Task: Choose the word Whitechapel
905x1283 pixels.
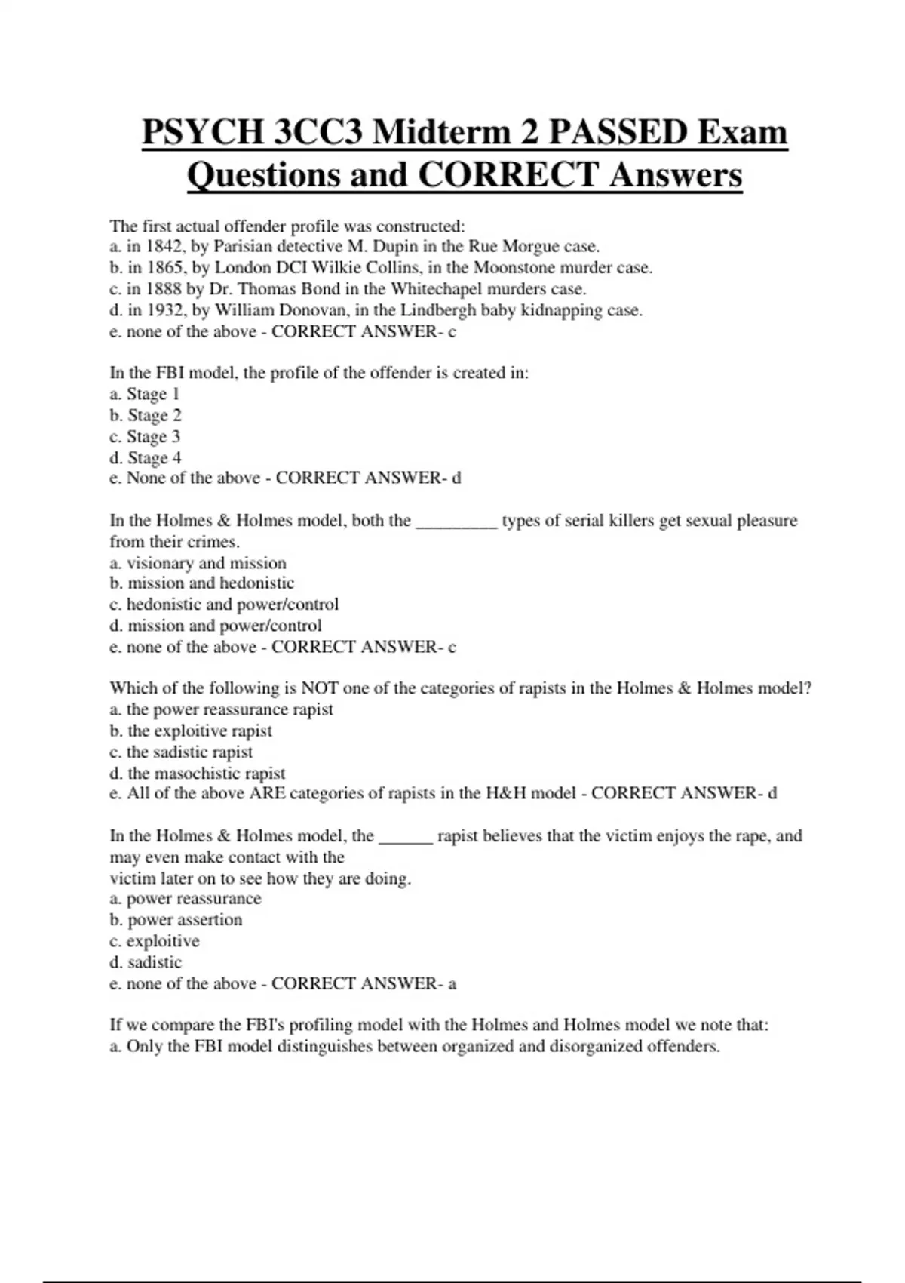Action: (x=436, y=289)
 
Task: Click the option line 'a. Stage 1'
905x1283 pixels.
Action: (x=145, y=394)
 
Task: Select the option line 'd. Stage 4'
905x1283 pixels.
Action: (x=146, y=458)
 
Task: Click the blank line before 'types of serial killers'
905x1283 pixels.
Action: (x=456, y=522)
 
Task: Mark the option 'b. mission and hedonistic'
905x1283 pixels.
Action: (x=202, y=583)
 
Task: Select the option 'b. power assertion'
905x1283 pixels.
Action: (x=176, y=920)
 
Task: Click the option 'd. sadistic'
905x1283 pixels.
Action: (x=146, y=962)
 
